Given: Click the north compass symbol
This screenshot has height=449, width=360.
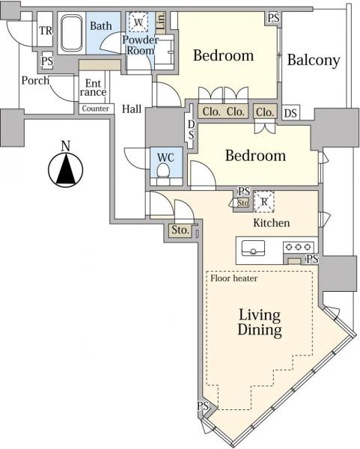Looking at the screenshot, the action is [66, 170].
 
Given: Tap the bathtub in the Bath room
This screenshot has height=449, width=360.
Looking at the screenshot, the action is [72, 33].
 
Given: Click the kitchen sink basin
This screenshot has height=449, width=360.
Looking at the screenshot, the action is [253, 248].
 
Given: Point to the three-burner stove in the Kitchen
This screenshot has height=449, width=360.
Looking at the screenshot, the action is [298, 246].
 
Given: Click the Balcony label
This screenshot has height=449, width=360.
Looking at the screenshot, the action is [314, 61].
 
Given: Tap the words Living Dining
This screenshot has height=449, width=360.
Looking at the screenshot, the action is [260, 322].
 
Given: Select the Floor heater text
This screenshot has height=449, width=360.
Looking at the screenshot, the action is [234, 278].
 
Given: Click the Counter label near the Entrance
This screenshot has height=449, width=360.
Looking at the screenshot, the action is [96, 109].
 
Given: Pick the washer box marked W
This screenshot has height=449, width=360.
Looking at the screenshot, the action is [138, 22].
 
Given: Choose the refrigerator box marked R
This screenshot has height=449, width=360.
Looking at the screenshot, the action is [264, 202].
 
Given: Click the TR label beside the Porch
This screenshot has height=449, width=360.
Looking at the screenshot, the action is [46, 31].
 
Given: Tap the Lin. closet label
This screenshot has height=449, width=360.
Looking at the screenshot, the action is [161, 21].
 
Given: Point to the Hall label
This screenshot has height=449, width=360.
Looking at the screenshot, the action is [132, 109].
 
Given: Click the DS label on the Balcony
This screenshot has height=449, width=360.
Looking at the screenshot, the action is [290, 114].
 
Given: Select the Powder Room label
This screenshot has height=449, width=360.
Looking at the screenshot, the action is [141, 45].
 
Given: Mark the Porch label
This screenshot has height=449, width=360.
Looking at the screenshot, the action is [35, 81].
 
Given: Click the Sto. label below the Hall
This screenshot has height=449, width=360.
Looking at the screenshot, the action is [180, 230].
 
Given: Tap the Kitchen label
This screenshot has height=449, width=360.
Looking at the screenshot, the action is [271, 223].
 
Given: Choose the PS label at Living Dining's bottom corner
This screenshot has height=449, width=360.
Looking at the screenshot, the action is [203, 406].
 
